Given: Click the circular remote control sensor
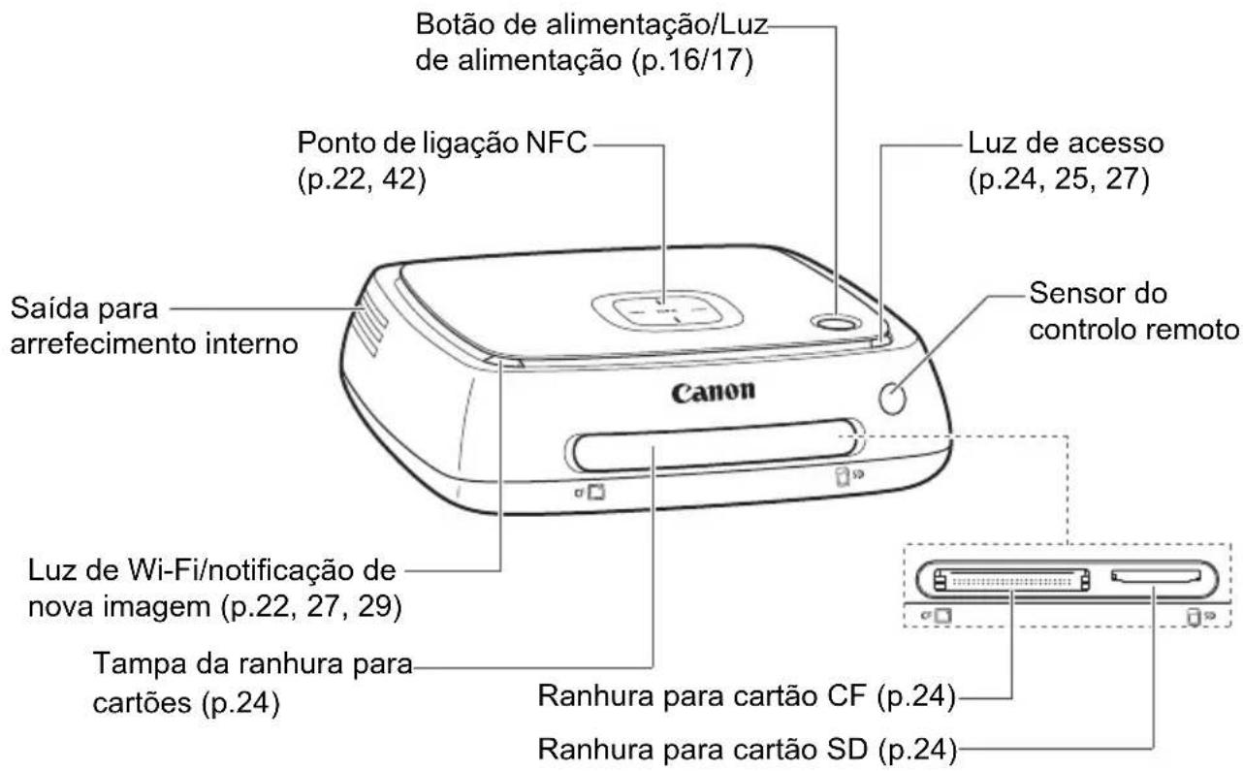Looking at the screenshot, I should (x=894, y=395).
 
